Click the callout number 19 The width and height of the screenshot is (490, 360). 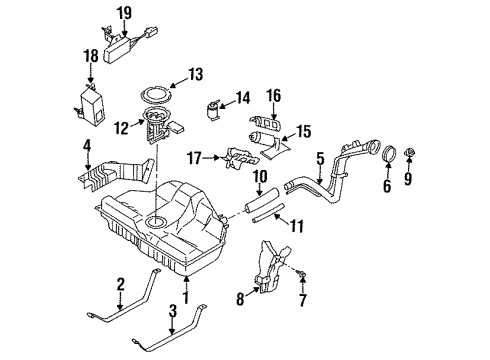coord(124,13)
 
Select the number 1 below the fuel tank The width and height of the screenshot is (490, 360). coord(186,297)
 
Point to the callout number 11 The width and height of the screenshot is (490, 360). coord(296,227)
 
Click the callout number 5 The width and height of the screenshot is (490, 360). coord(320,159)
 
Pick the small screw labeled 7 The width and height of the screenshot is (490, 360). coord(302,274)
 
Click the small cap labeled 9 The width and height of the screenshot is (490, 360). coord(409,153)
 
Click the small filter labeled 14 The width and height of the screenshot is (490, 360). coord(213,110)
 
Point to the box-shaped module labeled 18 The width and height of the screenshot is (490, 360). coord(93,105)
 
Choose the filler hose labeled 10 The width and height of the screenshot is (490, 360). coord(263,200)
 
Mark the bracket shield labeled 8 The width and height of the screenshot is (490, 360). coord(272,268)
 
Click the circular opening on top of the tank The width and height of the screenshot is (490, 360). coord(156,222)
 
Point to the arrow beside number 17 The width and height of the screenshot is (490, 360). coord(211,157)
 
